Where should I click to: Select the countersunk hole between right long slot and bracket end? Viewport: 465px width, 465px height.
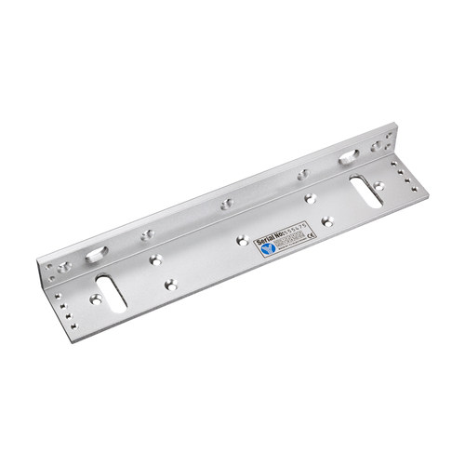pos(379,186)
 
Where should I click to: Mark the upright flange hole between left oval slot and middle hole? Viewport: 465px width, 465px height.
pos(145,233)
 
